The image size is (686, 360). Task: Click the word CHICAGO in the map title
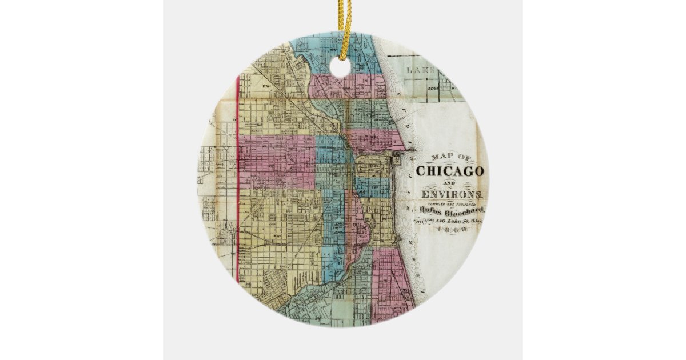pos(450,171)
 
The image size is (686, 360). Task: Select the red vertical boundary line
pos(237,183)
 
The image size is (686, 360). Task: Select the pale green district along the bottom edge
pos(320,303)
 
